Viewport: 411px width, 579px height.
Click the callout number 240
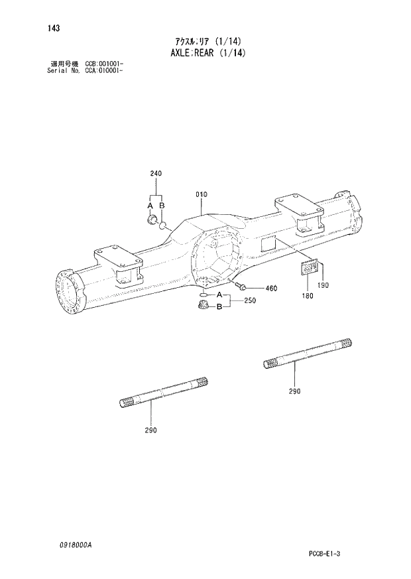tap(156, 174)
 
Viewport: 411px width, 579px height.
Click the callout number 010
tap(202, 194)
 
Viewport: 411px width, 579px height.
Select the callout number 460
tap(270, 289)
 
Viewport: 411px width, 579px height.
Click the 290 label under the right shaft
tap(294, 391)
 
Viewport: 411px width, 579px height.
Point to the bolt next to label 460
tap(241, 287)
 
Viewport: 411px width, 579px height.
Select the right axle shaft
tap(309, 353)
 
